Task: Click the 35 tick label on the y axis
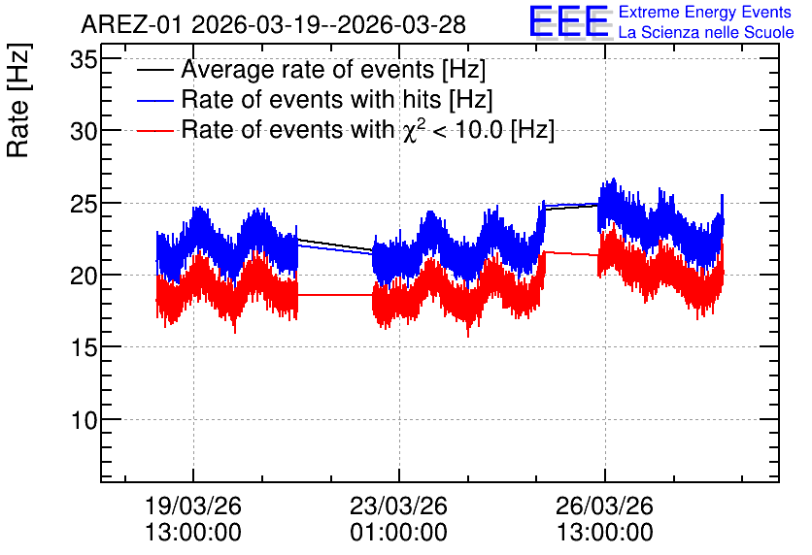[x=84, y=60]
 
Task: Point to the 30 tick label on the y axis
[x=84, y=132]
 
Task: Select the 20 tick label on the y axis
[x=84, y=277]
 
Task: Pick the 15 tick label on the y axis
[x=84, y=348]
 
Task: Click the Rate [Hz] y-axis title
[x=18, y=100]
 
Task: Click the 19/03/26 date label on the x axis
[x=193, y=506]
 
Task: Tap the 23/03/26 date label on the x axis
[x=399, y=506]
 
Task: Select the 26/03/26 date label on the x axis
[x=604, y=506]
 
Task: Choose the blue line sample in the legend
[x=154, y=101]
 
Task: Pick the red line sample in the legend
[x=154, y=131]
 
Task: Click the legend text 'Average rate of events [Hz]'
[x=333, y=70]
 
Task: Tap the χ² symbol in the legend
[x=413, y=130]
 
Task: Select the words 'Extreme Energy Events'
[x=705, y=12]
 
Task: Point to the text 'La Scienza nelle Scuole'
[x=706, y=33]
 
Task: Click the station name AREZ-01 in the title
[x=132, y=25]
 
